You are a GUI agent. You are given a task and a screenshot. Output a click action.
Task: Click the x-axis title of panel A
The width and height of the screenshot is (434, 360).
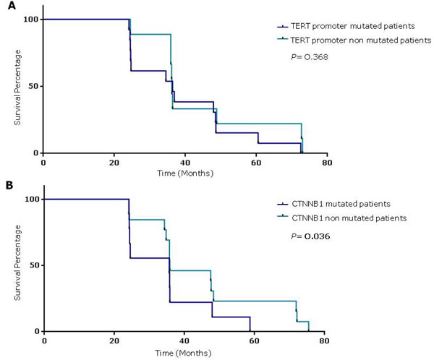(186, 173)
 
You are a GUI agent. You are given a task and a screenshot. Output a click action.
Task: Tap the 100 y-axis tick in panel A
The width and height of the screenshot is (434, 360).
(30, 19)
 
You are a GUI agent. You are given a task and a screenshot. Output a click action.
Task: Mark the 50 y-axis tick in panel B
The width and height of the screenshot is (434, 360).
(33, 265)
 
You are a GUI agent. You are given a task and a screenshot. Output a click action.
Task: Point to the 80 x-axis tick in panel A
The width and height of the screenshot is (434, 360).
(327, 162)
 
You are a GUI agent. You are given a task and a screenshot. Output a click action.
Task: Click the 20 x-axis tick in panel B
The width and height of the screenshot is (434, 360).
(114, 340)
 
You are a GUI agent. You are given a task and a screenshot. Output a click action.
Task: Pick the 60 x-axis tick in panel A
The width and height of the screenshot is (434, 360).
(256, 162)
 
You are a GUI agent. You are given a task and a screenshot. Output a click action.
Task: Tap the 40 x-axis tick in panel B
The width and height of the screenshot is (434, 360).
(184, 340)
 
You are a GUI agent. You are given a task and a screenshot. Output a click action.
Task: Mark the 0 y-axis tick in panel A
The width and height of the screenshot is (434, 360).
(35, 153)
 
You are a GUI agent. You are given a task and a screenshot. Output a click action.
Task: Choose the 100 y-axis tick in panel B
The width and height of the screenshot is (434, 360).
(30, 199)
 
